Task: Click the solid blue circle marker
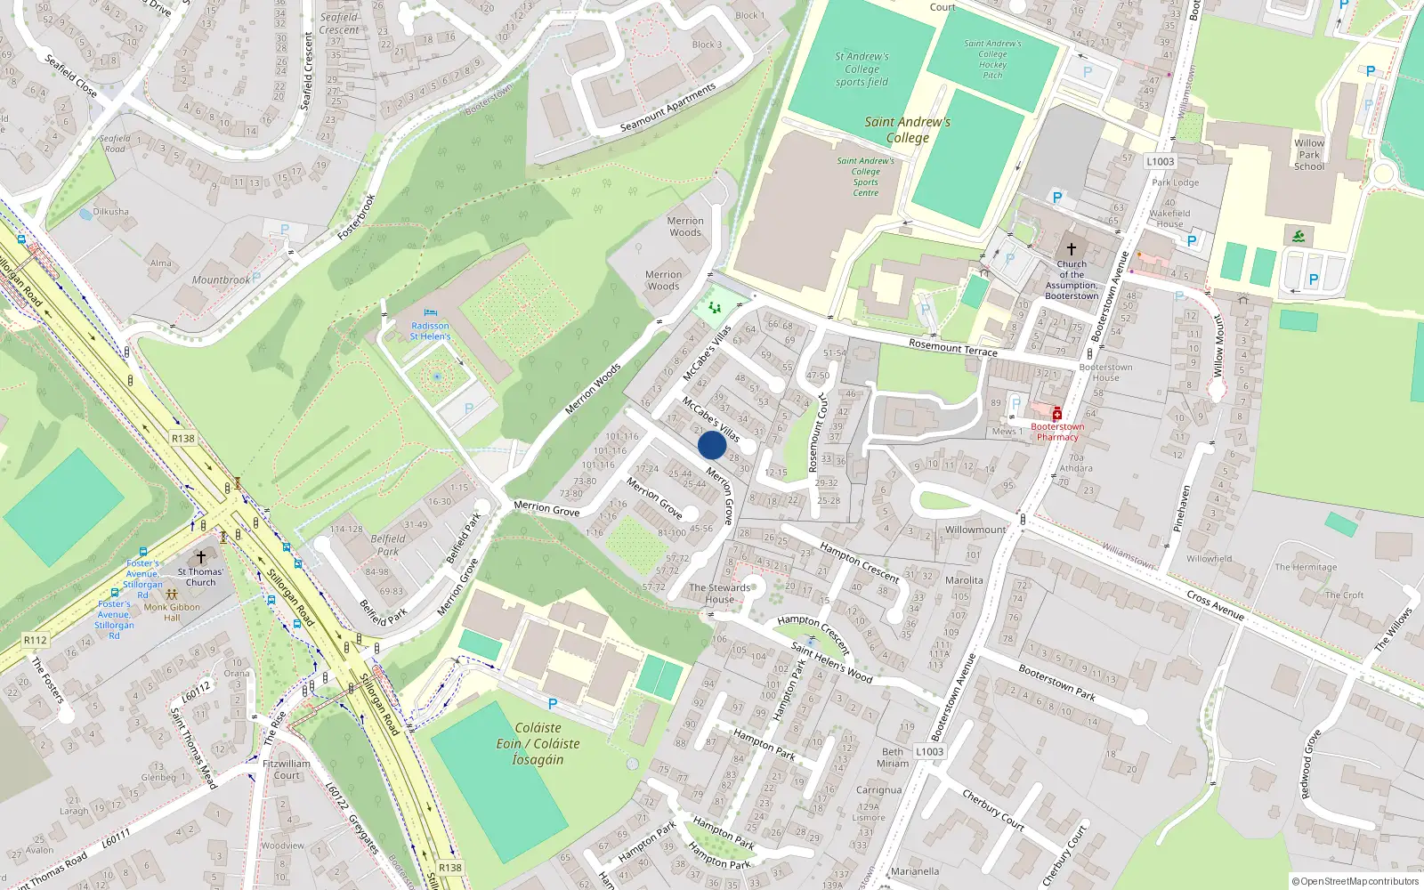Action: (712, 445)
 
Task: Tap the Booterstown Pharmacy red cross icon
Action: (1057, 414)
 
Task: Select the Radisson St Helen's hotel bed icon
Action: (431, 313)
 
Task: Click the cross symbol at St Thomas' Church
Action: (201, 558)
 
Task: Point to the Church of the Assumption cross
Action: (1072, 249)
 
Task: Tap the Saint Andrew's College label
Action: (908, 130)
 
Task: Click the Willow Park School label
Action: (1309, 154)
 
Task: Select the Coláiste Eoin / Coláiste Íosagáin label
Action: (538, 743)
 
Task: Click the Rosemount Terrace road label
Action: (953, 347)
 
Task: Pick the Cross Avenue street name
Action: (1215, 605)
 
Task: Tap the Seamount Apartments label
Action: (667, 108)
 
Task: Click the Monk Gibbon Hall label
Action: (172, 612)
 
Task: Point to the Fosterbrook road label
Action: (357, 217)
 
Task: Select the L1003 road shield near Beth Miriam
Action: (929, 751)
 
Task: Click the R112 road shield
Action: (36, 640)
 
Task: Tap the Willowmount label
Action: (975, 530)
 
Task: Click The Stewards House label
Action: (720, 594)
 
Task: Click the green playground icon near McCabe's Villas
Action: (715, 308)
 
